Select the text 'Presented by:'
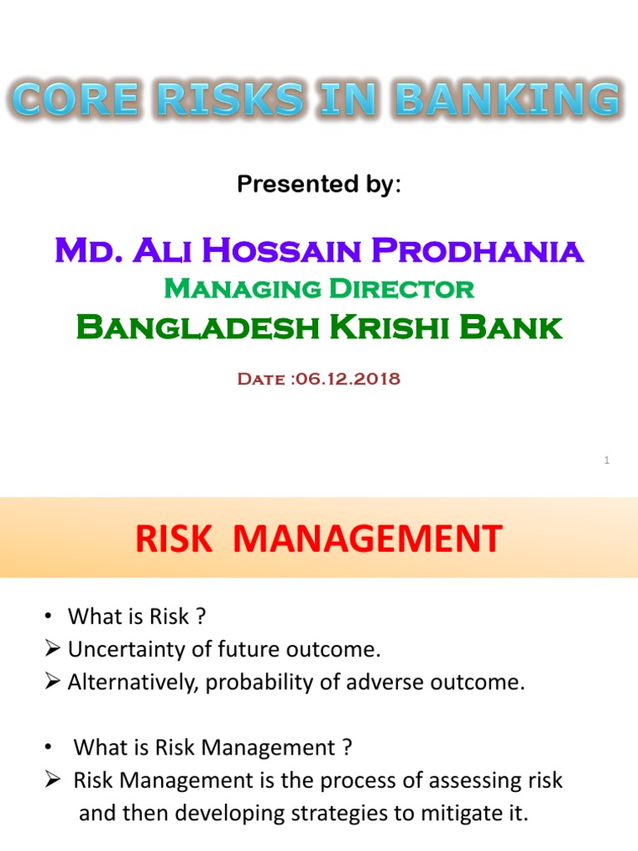coord(319,184)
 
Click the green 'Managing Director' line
coord(319,288)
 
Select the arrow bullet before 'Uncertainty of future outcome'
coord(52,649)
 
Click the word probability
coord(249,682)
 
